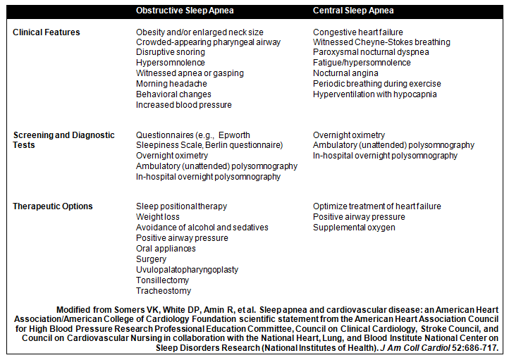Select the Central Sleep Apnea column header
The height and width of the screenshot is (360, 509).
tap(353, 11)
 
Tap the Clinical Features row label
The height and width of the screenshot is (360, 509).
tap(47, 32)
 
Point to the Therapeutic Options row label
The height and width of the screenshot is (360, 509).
tap(53, 206)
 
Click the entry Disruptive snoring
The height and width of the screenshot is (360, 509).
tap(173, 53)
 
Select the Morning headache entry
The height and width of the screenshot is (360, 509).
tap(171, 84)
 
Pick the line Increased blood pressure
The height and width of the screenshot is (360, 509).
tap(183, 105)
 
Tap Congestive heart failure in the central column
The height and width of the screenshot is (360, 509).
tap(358, 32)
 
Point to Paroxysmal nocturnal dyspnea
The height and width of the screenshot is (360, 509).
tap(371, 53)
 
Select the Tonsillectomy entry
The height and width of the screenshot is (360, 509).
tap(163, 280)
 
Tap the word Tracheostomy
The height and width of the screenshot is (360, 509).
tap(164, 291)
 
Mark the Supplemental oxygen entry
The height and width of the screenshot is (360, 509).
tap(354, 228)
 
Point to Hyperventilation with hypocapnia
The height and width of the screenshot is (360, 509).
tap(375, 94)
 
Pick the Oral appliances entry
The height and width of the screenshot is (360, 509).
tap(166, 249)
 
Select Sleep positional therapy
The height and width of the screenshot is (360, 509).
tap(181, 206)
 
